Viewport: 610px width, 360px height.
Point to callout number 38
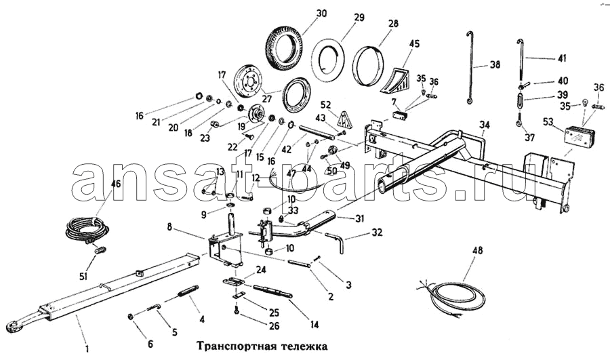495,66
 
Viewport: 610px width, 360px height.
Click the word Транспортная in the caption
230,344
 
